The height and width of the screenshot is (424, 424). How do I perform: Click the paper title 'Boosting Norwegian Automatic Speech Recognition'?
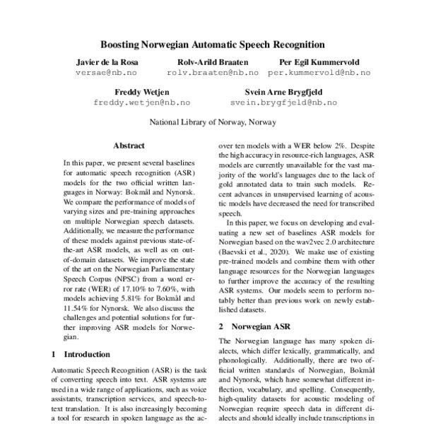coord(212,43)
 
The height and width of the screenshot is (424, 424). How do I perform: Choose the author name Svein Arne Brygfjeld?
coord(283,92)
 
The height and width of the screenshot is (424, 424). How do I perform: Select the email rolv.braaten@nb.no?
coord(213,73)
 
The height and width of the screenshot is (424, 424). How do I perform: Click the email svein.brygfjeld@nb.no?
coord(283,102)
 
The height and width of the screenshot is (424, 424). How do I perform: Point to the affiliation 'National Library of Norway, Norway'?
coord(212,122)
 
